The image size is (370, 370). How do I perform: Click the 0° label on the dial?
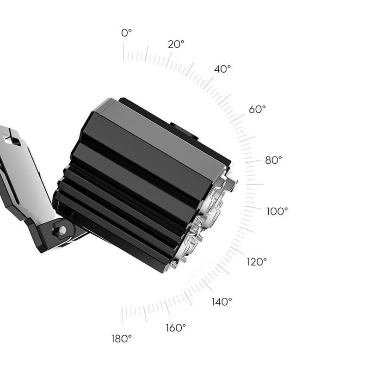[126, 33]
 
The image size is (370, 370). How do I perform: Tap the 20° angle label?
[176, 44]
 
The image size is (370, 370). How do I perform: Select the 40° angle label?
[222, 69]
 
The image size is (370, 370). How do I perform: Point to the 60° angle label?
[257, 109]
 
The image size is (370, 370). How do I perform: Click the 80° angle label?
[273, 160]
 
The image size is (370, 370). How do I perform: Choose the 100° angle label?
[277, 211]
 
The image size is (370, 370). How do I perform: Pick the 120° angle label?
[257, 262]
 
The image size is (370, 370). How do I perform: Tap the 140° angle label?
[222, 302]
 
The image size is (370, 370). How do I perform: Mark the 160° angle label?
[176, 328]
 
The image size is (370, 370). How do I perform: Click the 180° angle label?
[121, 339]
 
